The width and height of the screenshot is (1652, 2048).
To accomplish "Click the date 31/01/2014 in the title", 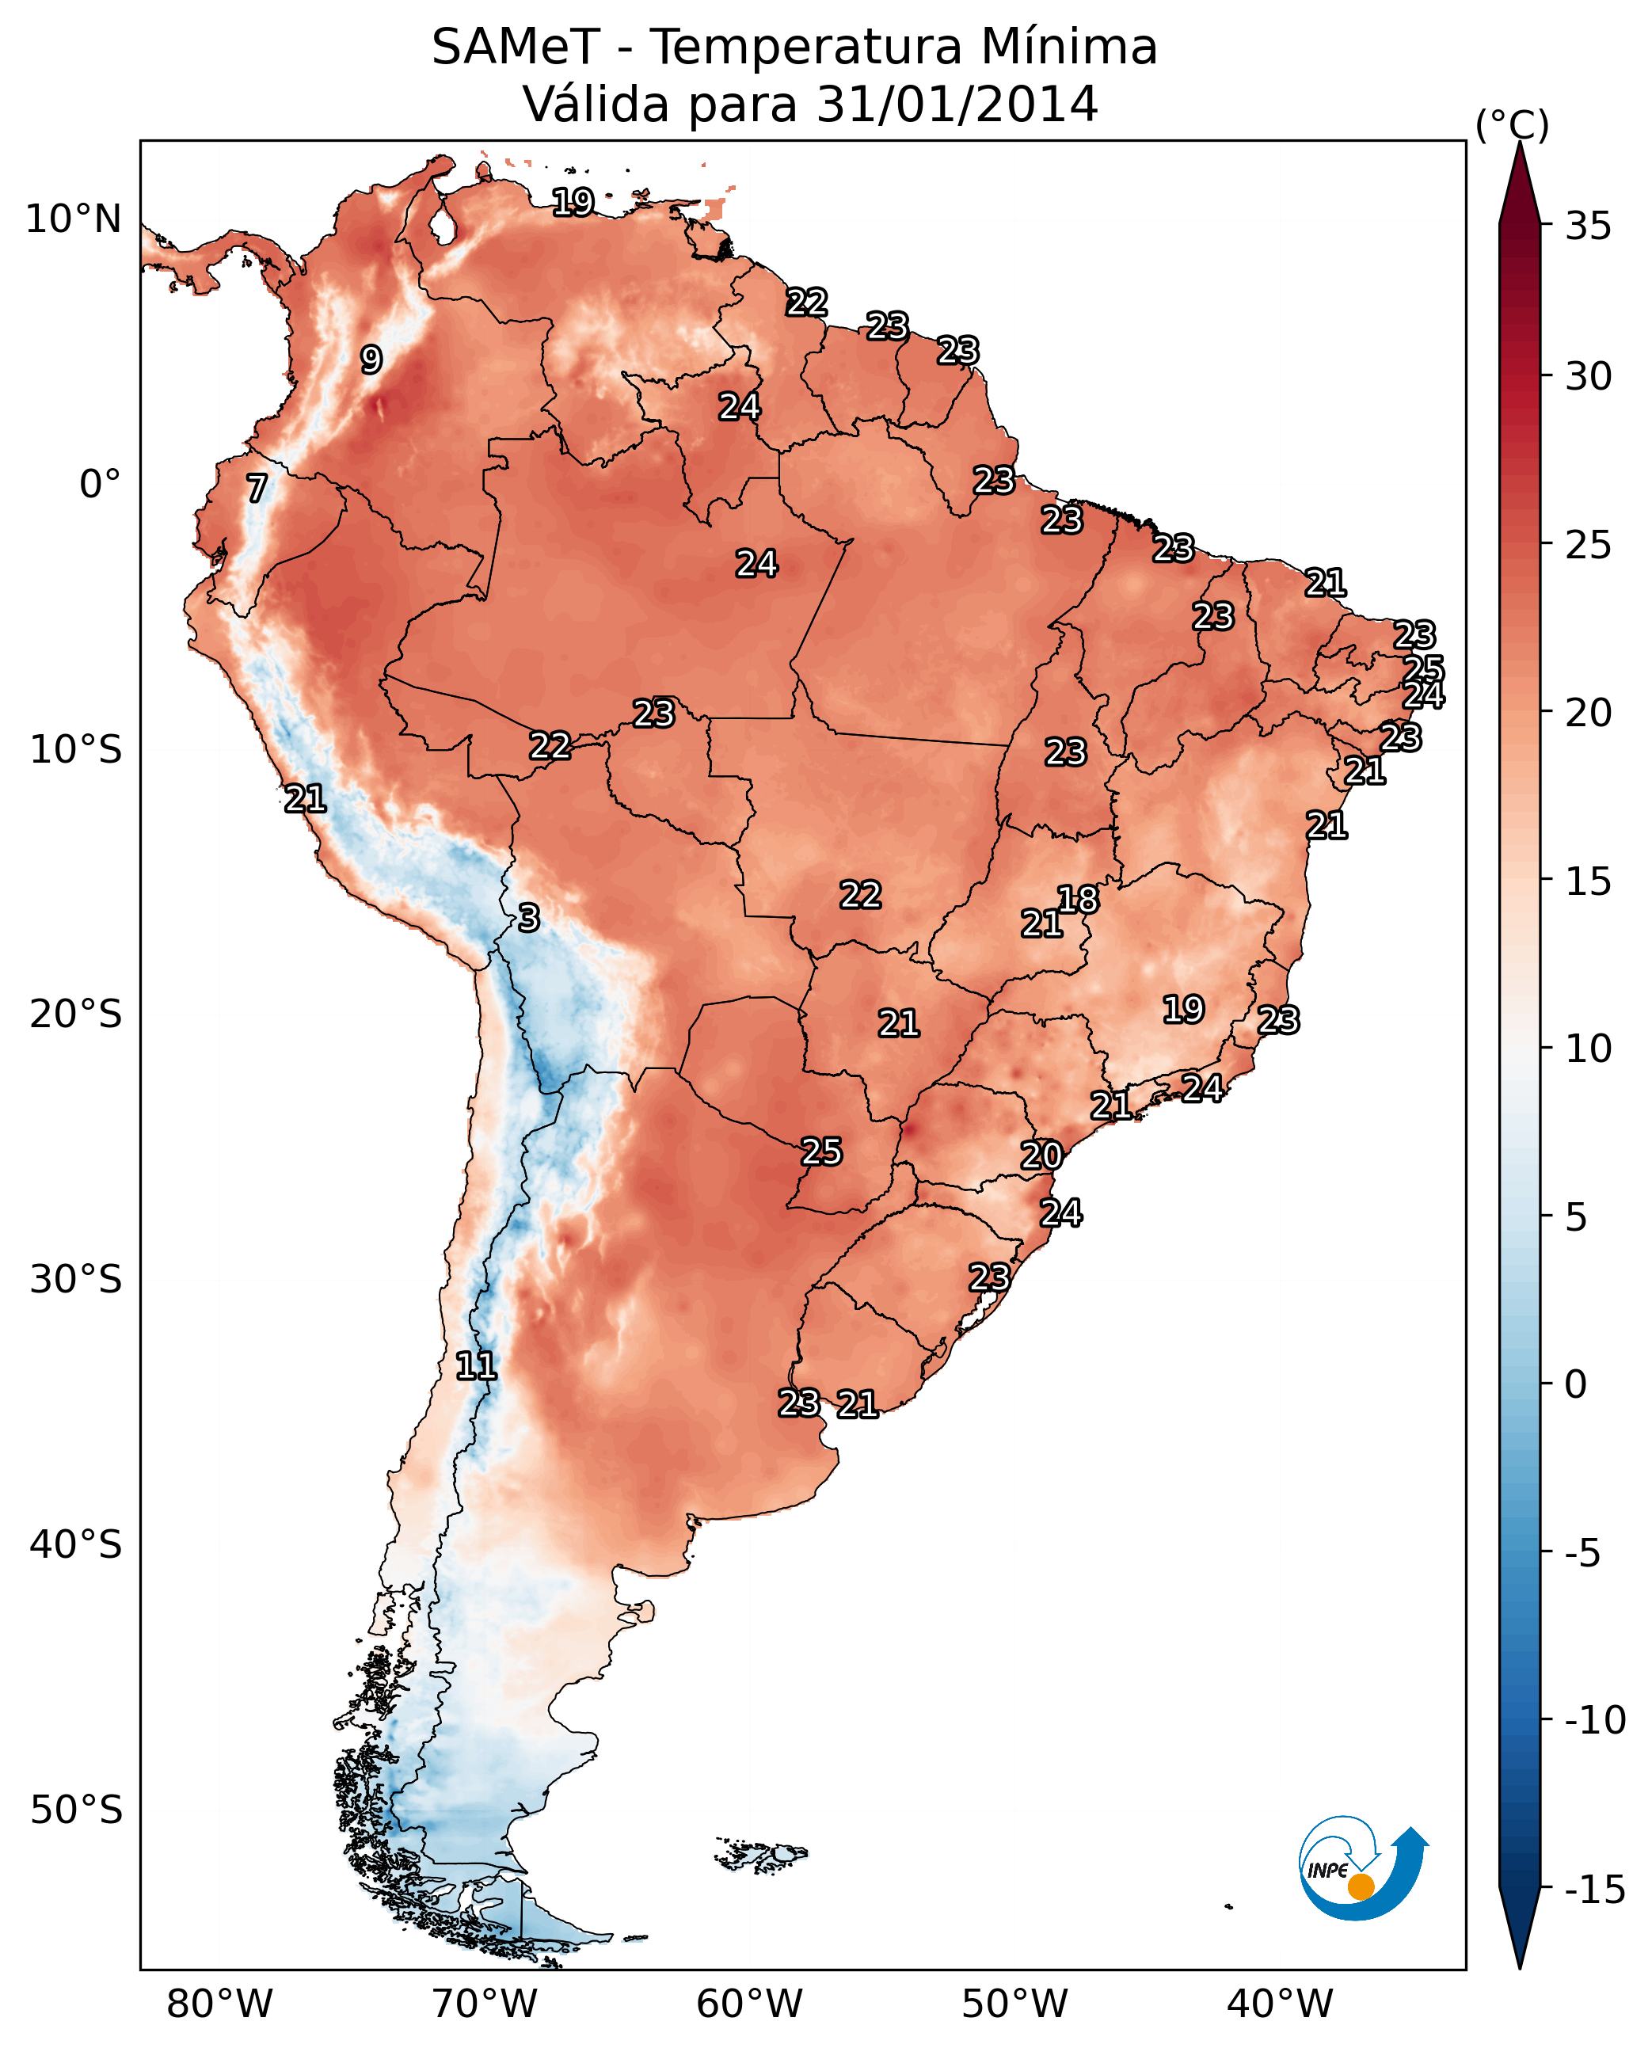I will pyautogui.click(x=957, y=104).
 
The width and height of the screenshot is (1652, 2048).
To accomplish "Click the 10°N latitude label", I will pyautogui.click(x=74, y=220).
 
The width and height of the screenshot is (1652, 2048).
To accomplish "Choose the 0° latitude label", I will pyautogui.click(x=100, y=485).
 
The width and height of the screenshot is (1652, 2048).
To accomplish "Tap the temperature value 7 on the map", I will pyautogui.click(x=257, y=488).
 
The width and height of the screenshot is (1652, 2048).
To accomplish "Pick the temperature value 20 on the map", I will pyautogui.click(x=1041, y=1155).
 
